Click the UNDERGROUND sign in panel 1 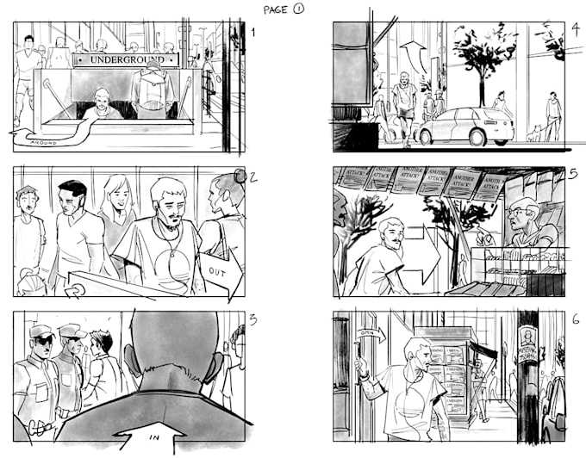pyautogui.click(x=127, y=60)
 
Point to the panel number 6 pyautogui.click(x=574, y=319)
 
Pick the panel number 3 pyautogui.click(x=252, y=320)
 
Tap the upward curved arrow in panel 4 pyautogui.click(x=413, y=57)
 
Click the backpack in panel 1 pyautogui.click(x=151, y=90)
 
